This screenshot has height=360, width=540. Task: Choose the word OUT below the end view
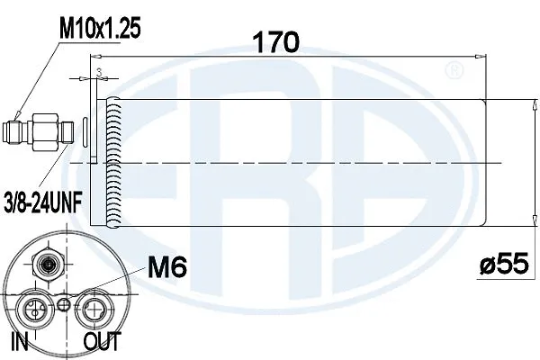point(103,342)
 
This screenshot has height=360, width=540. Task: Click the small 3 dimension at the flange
point(100,68)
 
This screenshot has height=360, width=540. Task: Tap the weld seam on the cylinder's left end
point(112,162)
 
